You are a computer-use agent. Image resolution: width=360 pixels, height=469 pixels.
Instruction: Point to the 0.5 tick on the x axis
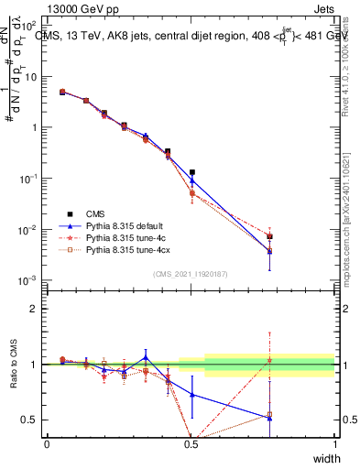[x=191, y=444]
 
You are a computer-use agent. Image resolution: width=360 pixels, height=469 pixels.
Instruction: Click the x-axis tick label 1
[x=334, y=444]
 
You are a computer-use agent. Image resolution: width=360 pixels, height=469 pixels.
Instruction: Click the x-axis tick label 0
[x=47, y=444]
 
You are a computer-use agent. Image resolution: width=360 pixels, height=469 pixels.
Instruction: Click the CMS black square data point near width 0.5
[x=191, y=172]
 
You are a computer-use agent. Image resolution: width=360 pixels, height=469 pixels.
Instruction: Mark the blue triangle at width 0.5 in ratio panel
[x=191, y=395]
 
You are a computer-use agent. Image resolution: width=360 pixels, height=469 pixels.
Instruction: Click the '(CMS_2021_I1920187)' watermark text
[x=190, y=273]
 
